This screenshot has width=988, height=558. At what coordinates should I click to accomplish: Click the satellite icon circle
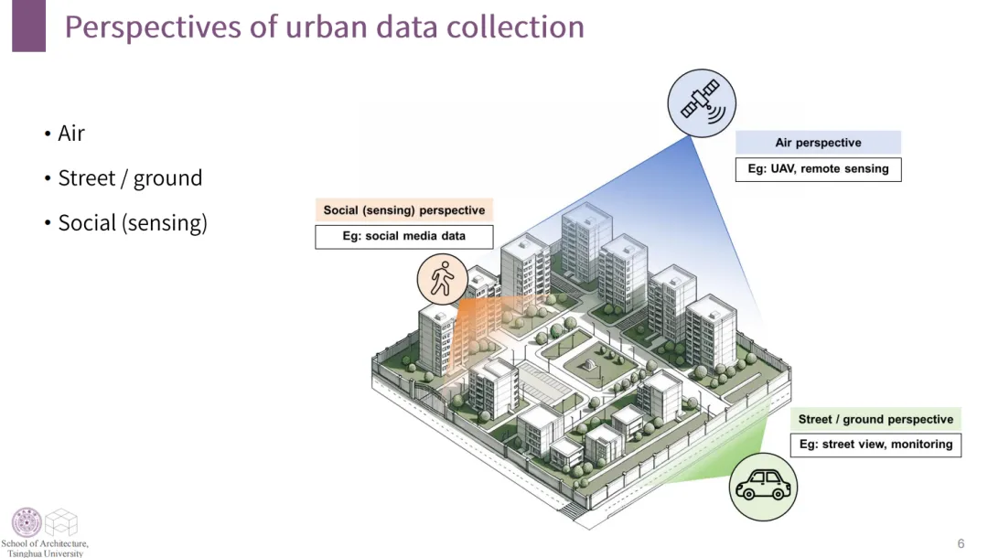pyautogui.click(x=702, y=102)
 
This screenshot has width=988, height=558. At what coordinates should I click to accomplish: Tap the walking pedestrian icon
pyautogui.click(x=443, y=278)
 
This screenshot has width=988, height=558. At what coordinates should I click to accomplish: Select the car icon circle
pyautogui.click(x=763, y=486)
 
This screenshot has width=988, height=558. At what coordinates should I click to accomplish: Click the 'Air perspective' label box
pyautogui.click(x=818, y=143)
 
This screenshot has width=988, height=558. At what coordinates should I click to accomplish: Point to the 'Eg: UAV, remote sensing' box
pyautogui.click(x=818, y=169)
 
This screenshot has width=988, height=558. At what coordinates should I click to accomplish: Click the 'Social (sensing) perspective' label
pyautogui.click(x=404, y=210)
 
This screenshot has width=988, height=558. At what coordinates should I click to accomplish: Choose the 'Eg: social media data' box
pyautogui.click(x=404, y=236)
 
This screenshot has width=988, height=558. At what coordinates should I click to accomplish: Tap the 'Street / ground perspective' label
pyautogui.click(x=875, y=420)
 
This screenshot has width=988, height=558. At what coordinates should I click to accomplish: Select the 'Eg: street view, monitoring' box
pyautogui.click(x=875, y=445)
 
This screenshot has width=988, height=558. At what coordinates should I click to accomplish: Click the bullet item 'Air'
pyautogui.click(x=70, y=134)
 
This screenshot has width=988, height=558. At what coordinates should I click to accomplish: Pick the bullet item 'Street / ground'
pyautogui.click(x=129, y=177)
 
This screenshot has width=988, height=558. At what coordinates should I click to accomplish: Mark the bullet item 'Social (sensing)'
pyautogui.click(x=132, y=222)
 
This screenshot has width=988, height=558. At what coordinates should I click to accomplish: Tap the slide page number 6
pyautogui.click(x=961, y=542)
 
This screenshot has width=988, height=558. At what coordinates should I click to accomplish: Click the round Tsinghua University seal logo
pyautogui.click(x=26, y=522)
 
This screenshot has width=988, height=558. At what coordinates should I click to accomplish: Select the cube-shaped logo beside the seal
pyautogui.click(x=61, y=522)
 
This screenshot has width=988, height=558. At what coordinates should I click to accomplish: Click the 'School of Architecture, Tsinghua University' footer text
pyautogui.click(x=45, y=548)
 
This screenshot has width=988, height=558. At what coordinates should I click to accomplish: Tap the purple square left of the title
pyautogui.click(x=28, y=27)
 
